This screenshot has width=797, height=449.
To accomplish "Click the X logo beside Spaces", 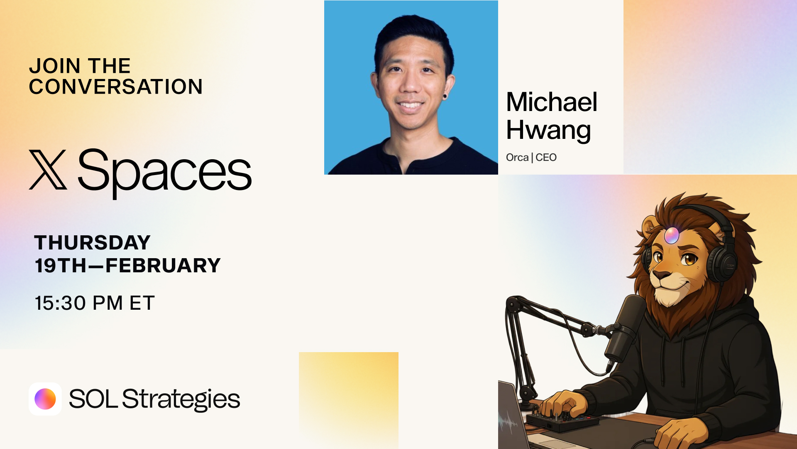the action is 48,170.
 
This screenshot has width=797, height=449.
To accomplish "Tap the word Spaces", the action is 165,173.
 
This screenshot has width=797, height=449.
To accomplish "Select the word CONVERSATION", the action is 116,86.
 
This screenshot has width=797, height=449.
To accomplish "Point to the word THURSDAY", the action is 92,242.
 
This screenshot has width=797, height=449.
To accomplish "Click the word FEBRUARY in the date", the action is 163,265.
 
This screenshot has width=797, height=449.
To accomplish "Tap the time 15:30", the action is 61,303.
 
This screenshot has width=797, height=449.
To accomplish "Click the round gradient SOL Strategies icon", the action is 45,399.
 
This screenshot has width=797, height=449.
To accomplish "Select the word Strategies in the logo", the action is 181,400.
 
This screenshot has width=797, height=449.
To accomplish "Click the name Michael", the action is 552,102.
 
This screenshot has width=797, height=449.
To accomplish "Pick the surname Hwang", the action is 548,131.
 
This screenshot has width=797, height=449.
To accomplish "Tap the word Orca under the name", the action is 517,158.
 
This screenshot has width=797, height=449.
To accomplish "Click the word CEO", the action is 546,158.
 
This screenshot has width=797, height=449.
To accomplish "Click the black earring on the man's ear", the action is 445,97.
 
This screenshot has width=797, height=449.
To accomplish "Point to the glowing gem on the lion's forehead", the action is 672,235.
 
